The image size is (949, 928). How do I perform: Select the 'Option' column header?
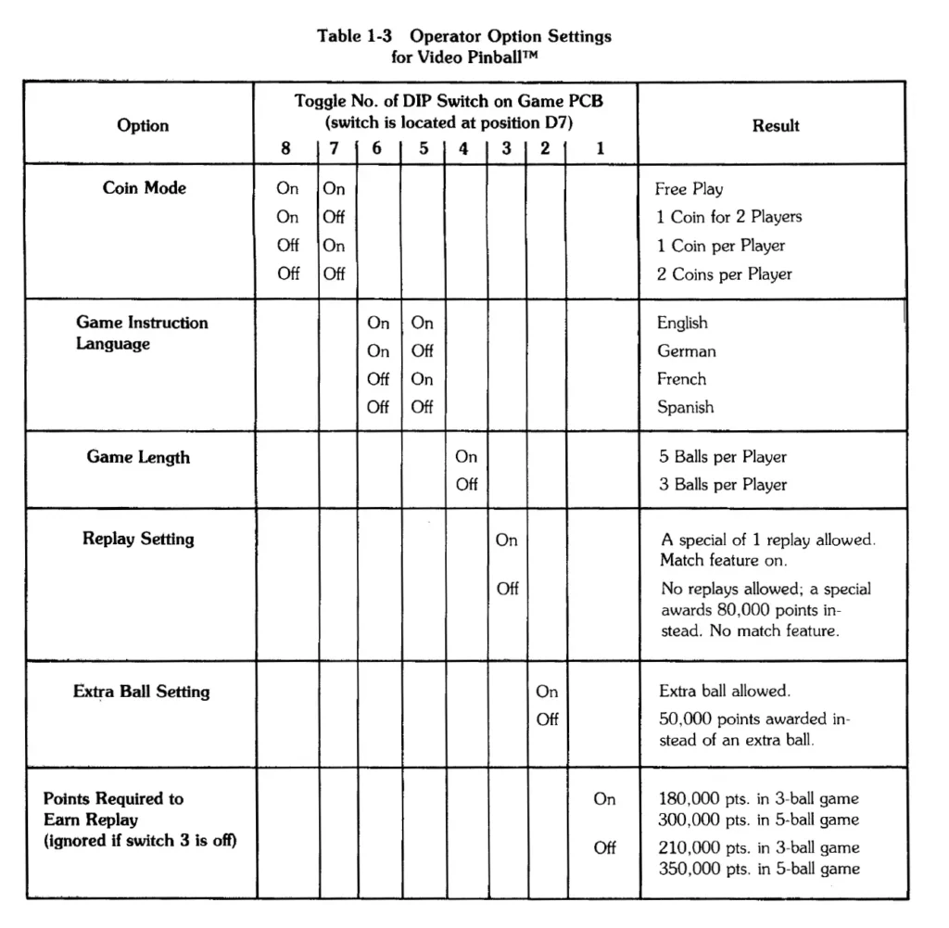click(x=143, y=125)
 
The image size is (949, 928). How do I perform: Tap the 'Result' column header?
click(x=776, y=125)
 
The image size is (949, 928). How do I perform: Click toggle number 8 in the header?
click(x=286, y=147)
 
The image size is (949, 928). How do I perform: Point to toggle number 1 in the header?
click(x=601, y=147)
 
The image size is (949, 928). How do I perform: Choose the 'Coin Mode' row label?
click(x=144, y=187)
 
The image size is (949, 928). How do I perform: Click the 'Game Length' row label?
click(x=138, y=457)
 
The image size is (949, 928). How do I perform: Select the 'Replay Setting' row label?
click(x=138, y=539)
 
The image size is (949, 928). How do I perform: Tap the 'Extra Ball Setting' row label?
click(x=141, y=692)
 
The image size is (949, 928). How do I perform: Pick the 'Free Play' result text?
click(x=689, y=189)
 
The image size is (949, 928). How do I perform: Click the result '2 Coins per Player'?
click(x=725, y=273)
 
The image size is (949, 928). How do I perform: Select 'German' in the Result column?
click(x=686, y=351)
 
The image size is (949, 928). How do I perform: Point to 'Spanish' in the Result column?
click(x=686, y=407)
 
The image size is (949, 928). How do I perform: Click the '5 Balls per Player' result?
click(x=723, y=457)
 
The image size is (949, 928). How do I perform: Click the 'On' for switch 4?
click(x=466, y=457)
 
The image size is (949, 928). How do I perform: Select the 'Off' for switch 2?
click(x=547, y=720)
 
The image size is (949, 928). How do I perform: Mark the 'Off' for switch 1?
click(x=604, y=847)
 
